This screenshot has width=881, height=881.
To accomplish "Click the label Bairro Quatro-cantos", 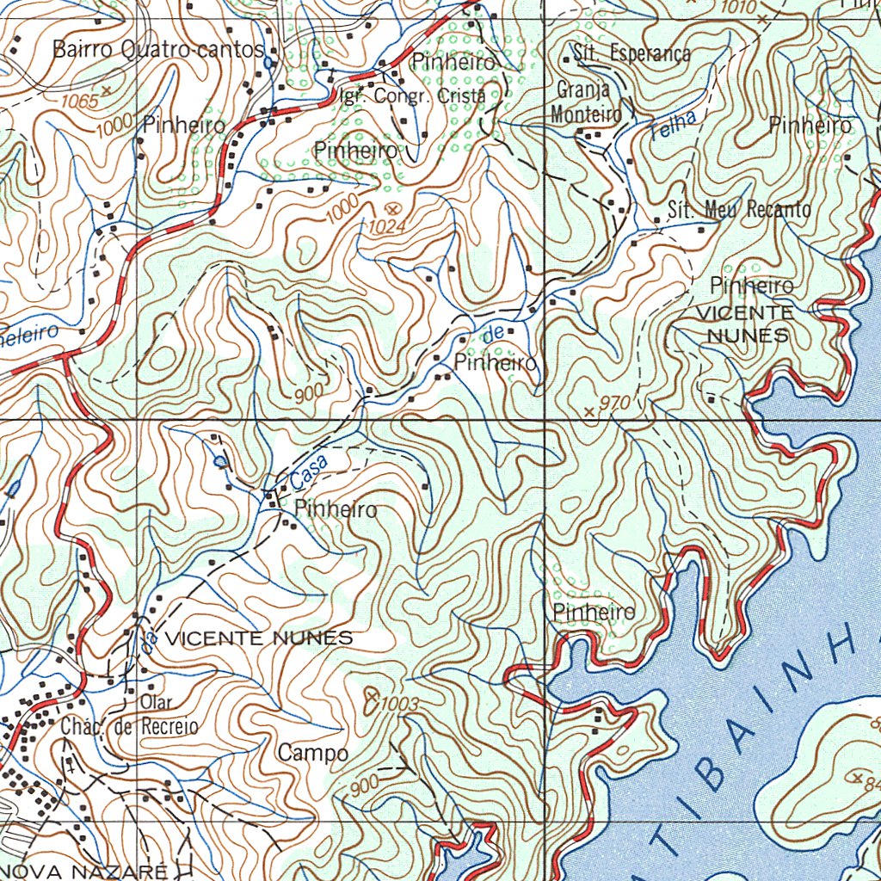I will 158,49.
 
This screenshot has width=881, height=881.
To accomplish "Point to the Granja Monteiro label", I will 585,102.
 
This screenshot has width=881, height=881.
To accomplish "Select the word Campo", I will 312,754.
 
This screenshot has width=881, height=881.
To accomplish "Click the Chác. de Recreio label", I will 129,727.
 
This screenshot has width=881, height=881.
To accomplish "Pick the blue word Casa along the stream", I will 309,469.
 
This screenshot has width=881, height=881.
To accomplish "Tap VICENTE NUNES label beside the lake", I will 745,323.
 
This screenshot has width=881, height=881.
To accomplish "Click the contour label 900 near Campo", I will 366,785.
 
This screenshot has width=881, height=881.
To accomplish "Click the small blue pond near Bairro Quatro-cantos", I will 269,63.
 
